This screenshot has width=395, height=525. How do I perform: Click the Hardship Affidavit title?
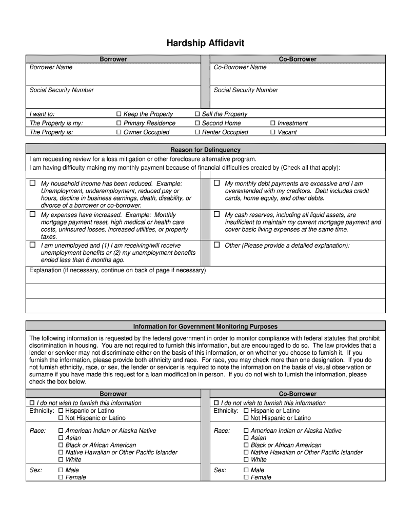point(205,43)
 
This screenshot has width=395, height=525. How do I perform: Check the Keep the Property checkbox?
point(119,114)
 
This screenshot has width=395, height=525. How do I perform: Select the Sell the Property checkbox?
point(197,114)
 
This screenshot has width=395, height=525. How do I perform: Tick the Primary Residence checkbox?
point(119,123)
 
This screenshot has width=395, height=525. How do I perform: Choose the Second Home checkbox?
point(197,123)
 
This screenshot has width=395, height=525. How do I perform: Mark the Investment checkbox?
point(273,123)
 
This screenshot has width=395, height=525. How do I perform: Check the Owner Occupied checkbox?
point(119,132)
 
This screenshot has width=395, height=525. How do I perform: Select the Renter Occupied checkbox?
point(197,132)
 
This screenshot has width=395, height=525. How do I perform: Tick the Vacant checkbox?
point(273,132)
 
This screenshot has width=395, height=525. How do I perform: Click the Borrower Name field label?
point(51,67)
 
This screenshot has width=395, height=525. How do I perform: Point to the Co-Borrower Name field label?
point(240,67)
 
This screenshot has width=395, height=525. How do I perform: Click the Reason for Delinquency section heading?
point(205,150)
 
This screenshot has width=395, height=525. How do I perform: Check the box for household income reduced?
point(32,183)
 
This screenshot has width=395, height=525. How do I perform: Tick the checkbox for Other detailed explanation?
point(216,245)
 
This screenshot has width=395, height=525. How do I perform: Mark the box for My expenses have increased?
point(32,214)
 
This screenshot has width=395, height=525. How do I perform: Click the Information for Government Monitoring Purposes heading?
point(205,326)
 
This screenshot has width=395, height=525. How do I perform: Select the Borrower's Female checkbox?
point(61,477)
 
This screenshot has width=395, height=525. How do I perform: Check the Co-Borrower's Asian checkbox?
point(246,438)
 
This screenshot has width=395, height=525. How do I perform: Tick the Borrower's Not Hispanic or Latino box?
point(61,418)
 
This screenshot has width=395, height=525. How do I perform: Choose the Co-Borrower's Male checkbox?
point(246,470)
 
